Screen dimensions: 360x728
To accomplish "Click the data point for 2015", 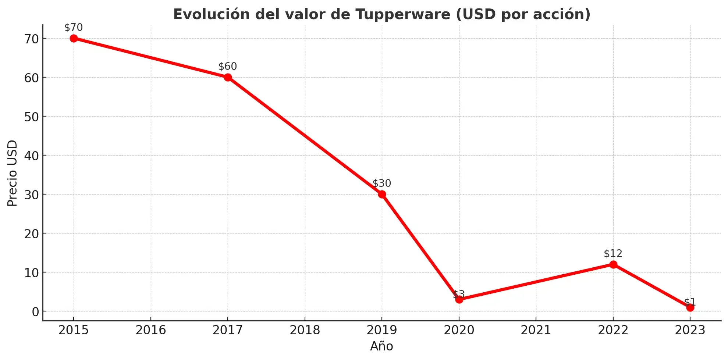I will coord(74,38).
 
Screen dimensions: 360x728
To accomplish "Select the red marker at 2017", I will coord(228,77).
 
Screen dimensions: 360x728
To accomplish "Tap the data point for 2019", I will coord(382,194).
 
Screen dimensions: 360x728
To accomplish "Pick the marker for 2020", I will coord(459,299).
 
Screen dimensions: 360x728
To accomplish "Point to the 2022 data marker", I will coord(613,264).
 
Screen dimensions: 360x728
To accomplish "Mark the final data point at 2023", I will coord(690,307).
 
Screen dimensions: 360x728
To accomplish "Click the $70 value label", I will coord(74,28).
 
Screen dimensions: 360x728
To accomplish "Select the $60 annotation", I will coord(228,67).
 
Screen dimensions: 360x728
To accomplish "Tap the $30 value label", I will coord(382,183).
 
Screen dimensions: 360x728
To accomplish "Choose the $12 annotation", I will coord(613,253).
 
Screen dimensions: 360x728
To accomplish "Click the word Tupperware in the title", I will coord(403,14).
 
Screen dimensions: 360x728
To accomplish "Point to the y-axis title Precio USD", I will coord(13,173).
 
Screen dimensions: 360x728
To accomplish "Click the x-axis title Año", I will coord(381,346).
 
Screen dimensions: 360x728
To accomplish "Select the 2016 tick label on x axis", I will coord(151,330).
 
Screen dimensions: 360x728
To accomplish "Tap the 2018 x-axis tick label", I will coord(305,330).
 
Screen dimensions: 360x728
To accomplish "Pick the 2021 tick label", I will coord(536,330).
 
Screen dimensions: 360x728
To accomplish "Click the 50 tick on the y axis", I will coord(32,117).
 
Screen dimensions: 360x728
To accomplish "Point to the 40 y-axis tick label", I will coord(32,156).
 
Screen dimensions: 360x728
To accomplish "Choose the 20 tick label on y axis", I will coord(32,234).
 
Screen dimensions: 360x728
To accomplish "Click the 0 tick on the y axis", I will coord(35,312).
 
